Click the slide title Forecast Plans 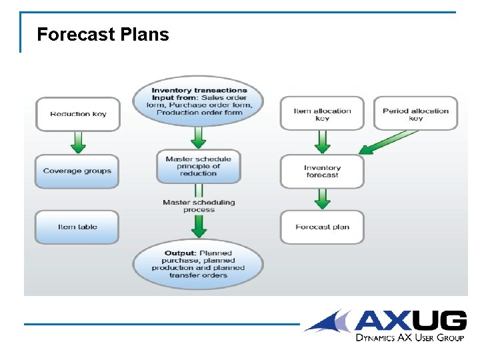(103, 35)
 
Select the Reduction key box (78, 114)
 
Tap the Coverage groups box (77, 171)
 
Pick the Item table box (77, 227)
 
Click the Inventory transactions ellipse (199, 101)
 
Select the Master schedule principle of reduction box (198, 167)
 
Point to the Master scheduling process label (199, 206)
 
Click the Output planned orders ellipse (198, 264)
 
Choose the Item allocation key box (322, 114)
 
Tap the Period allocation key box (415, 114)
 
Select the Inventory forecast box (322, 171)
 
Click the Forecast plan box (322, 227)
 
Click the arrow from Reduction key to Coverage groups (78, 141)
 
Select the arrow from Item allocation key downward (322, 141)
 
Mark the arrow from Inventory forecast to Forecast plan (322, 198)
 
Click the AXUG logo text (409, 321)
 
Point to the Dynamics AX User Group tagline (409, 338)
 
